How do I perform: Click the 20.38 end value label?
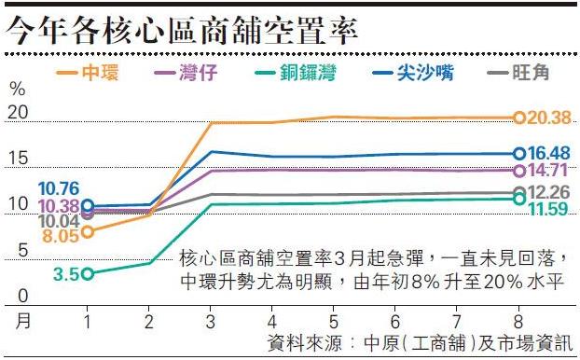(x=548, y=118)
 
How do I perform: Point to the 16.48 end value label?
(x=548, y=153)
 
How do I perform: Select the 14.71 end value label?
(x=547, y=171)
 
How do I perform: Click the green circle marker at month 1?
(x=88, y=273)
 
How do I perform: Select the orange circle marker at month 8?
(x=519, y=118)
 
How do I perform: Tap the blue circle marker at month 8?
(x=519, y=153)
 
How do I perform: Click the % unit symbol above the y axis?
(x=17, y=90)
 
